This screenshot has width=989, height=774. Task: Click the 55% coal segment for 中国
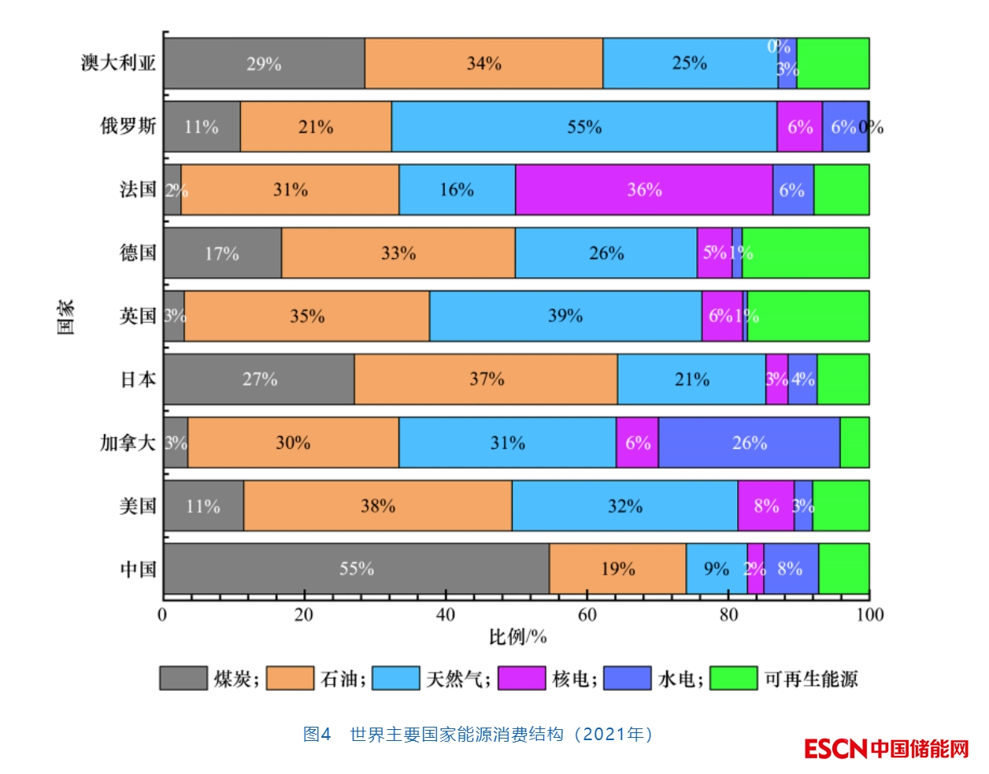coord(356,568)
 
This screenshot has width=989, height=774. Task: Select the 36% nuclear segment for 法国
coord(644,190)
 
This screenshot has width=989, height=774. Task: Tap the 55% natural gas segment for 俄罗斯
coord(583,127)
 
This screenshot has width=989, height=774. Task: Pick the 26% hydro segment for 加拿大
coord(749,443)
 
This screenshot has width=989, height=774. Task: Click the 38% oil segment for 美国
coord(378,506)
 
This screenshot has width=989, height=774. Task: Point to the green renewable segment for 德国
coord(806,253)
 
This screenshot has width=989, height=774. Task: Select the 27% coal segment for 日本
coord(259,379)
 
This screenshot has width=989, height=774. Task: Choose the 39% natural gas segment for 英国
coord(565,316)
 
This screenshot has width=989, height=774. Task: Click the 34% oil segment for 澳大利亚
coord(483,63)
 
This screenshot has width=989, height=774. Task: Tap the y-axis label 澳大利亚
coord(118,63)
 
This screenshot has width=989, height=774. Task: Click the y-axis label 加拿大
coord(128,443)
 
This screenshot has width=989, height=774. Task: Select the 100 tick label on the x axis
coord(869,615)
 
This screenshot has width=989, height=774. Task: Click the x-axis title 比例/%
coord(517,637)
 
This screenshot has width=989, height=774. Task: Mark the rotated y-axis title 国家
coord(66,317)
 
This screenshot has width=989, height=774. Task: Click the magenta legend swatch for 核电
coord(521,678)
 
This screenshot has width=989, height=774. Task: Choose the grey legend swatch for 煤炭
coord(183,678)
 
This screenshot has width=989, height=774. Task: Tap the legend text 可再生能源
coord(811,679)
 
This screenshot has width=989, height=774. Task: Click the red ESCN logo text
coord(835,748)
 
